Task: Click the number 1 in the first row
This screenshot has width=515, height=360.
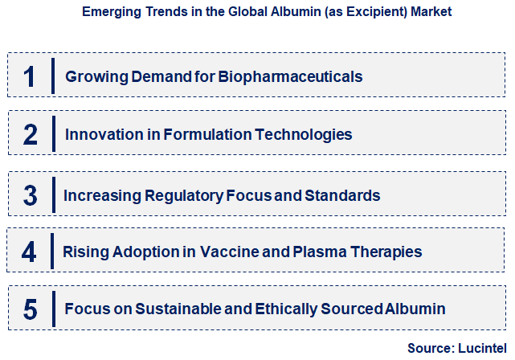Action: [30, 76]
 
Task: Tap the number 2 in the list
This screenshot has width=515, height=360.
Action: [31, 134]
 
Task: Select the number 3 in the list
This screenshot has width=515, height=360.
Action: [31, 194]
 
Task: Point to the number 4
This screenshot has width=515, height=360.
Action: [29, 252]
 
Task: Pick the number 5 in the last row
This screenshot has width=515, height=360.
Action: [30, 309]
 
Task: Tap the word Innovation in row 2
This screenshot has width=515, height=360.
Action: [102, 134]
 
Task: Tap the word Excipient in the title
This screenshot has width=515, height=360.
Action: [361, 12]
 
